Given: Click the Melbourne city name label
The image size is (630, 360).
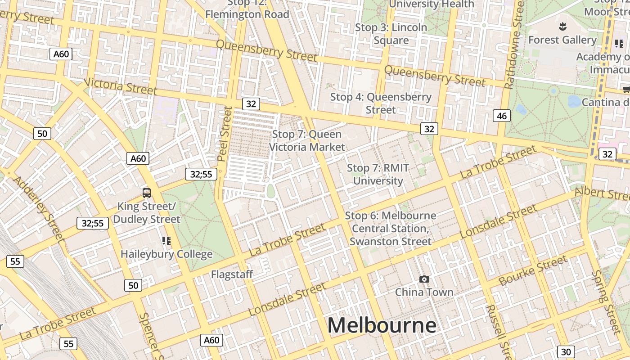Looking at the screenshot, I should (x=382, y=325).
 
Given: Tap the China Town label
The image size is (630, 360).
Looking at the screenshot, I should (x=424, y=292).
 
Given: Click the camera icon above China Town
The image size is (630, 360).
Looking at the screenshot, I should (x=424, y=279).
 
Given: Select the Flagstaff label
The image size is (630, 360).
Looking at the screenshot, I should (x=232, y=274).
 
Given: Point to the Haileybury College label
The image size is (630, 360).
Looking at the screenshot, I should (x=166, y=254).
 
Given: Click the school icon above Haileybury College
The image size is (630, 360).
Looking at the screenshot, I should (x=166, y=241).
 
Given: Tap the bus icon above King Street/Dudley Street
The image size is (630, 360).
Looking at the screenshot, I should (x=147, y=193).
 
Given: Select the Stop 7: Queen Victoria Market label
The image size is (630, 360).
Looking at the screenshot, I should (x=307, y=140).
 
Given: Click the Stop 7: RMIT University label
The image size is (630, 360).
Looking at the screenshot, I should (x=378, y=175).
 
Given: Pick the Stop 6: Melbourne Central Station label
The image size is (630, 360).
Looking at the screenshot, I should (x=390, y=229).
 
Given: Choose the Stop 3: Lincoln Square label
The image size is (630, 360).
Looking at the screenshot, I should (x=391, y=34).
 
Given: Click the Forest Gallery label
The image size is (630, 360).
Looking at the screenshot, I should (x=562, y=40).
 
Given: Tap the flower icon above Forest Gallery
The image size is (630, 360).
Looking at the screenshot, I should (x=562, y=26).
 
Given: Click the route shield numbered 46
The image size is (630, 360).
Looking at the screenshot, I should (x=502, y=116).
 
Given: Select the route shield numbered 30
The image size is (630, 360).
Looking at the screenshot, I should (x=566, y=352).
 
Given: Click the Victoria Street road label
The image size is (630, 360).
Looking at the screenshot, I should (x=121, y=86).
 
